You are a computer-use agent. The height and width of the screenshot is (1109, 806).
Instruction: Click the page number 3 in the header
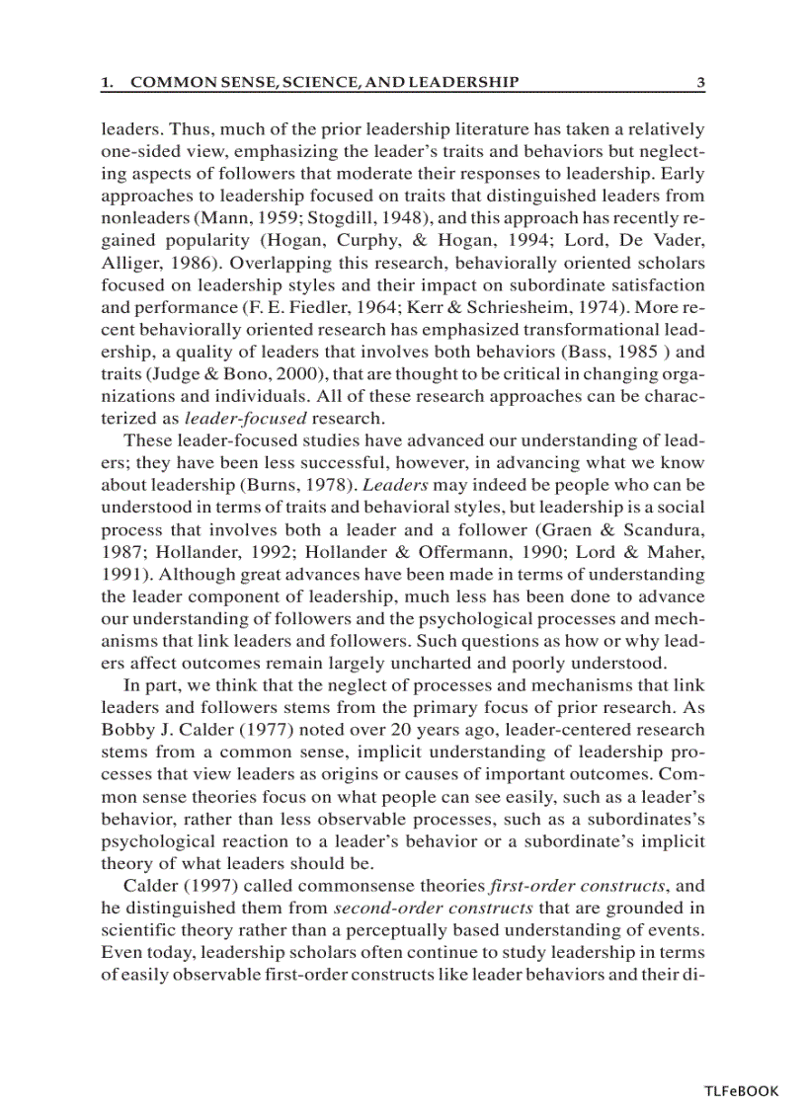[699, 83]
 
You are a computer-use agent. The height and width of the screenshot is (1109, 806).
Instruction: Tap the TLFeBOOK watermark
[741, 1091]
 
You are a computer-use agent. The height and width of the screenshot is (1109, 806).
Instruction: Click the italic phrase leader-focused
[246, 418]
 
